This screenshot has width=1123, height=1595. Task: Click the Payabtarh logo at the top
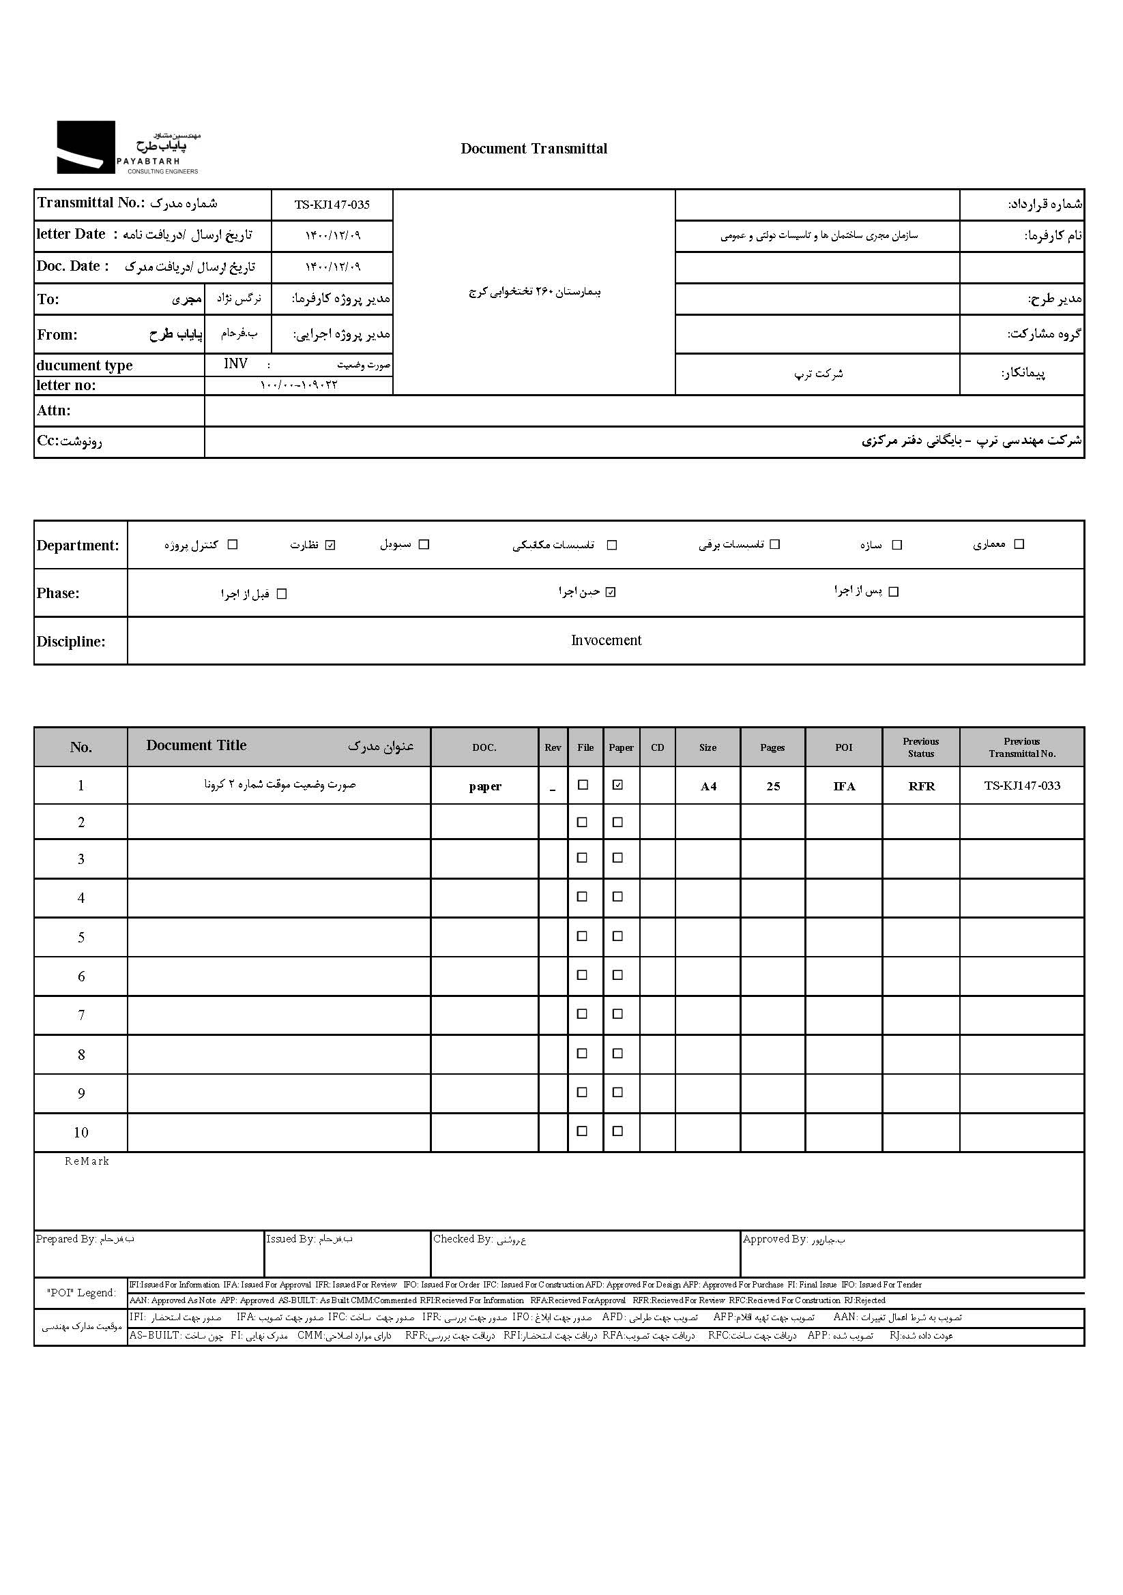click(x=128, y=148)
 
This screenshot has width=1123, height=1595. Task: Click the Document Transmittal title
click(x=534, y=149)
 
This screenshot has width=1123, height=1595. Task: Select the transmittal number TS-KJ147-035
click(x=332, y=205)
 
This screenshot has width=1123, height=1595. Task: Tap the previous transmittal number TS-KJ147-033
click(x=1021, y=786)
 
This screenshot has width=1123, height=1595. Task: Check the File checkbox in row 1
click(x=583, y=785)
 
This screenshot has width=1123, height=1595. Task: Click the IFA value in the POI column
click(x=844, y=786)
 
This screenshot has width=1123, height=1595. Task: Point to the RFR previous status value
click(x=922, y=786)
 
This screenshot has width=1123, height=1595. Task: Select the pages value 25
click(x=773, y=786)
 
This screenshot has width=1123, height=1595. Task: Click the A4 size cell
click(x=708, y=786)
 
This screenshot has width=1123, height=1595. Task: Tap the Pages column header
click(x=772, y=747)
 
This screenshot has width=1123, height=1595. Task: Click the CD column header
click(x=658, y=747)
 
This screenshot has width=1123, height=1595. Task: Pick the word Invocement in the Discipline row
click(x=606, y=640)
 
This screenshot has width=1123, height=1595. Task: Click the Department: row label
click(x=78, y=546)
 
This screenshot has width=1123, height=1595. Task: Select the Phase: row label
click(x=59, y=593)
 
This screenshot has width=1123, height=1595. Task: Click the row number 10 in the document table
click(x=81, y=1133)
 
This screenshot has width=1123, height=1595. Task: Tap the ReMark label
click(x=87, y=1161)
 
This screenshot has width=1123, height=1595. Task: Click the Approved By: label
click(x=775, y=1239)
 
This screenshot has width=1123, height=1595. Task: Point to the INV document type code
click(x=235, y=364)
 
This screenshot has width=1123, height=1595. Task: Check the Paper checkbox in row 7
click(x=617, y=1014)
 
